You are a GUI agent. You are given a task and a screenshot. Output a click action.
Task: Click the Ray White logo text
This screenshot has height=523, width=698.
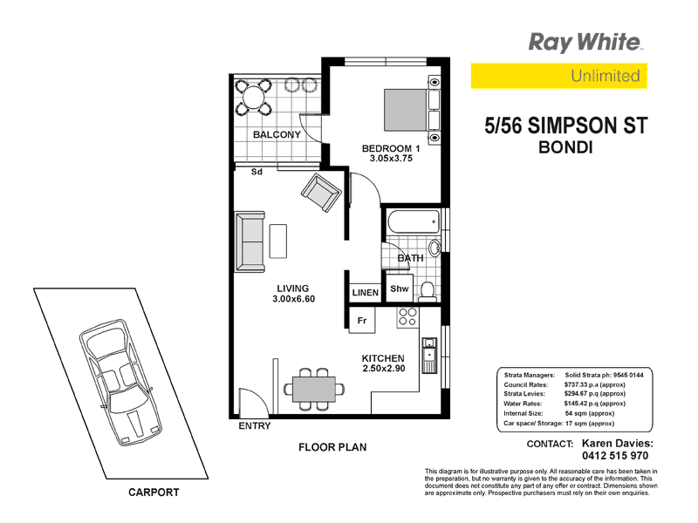coord(585,42)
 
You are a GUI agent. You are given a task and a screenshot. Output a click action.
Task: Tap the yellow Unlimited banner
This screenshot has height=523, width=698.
coord(558,76)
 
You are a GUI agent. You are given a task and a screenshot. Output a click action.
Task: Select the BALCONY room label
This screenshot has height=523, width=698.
coord(277,135)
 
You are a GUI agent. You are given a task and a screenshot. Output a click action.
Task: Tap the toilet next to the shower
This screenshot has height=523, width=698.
coord(428,289)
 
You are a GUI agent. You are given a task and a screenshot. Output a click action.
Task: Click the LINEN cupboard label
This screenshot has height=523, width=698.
coord(365,293)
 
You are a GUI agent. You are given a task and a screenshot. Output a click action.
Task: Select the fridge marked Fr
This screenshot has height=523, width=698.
coord(361,320)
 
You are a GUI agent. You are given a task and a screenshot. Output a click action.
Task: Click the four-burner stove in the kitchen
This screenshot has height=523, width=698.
coord(407,317)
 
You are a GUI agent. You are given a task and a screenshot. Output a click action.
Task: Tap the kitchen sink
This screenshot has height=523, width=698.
coord(428,356)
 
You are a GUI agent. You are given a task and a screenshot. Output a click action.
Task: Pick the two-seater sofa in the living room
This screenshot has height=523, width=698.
coord(250,240)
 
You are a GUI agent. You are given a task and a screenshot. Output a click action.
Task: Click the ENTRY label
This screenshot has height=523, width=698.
coord(254,426)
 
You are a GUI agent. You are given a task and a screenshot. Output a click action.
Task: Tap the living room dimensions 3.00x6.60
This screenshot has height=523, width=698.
coord(292,299)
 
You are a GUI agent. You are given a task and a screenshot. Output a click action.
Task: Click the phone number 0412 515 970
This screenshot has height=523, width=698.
coord(604,455)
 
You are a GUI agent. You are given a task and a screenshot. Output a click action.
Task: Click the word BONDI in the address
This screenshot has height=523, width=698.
coord(567,147)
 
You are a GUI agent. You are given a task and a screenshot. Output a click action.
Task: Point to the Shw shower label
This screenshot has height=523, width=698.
coord(400,289)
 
